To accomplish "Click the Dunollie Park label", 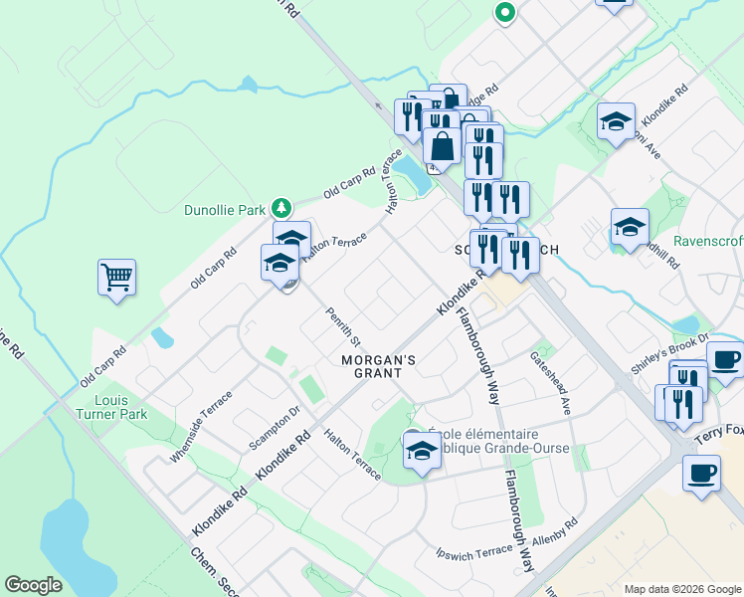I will pos(225,210).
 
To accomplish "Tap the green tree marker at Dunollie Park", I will pos(281,208).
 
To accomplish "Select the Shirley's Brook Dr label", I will pos(668,354).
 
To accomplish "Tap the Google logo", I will pos(34,584).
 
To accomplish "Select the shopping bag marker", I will pos(442,146).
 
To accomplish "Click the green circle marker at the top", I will pos(504,13).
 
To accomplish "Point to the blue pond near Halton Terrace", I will pos(412,177).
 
